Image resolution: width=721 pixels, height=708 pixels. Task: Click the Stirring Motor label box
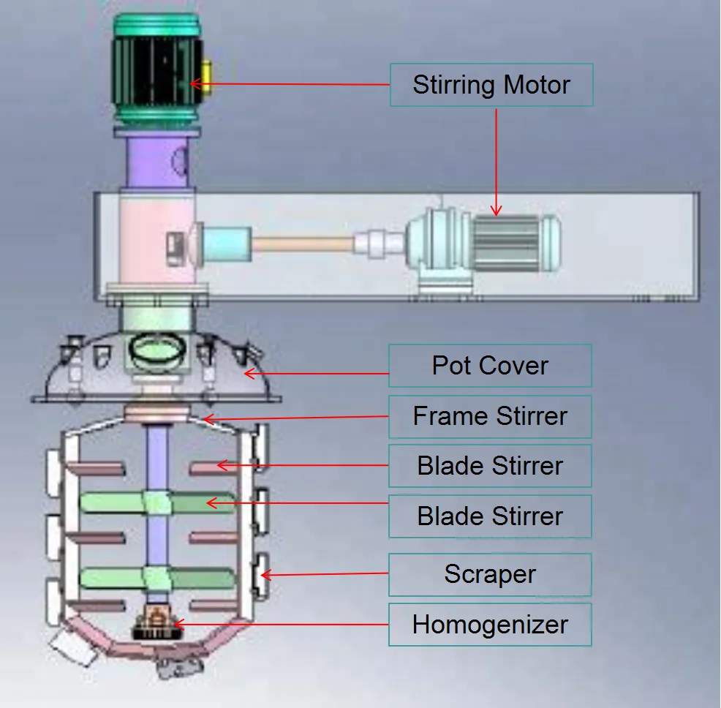pyautogui.click(x=491, y=85)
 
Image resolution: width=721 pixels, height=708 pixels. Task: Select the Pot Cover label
pyautogui.click(x=489, y=366)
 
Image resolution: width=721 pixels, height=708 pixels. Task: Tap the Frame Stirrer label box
pyautogui.click(x=489, y=417)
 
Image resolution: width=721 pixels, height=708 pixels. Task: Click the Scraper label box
pyautogui.click(x=489, y=575)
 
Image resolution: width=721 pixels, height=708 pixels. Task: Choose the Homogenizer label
pyautogui.click(x=489, y=625)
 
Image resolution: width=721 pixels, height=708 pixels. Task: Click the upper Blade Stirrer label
pyautogui.click(x=489, y=466)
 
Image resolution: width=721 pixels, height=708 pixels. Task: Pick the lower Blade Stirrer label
pyautogui.click(x=489, y=516)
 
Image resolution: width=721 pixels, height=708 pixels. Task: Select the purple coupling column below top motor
pyautogui.click(x=157, y=161)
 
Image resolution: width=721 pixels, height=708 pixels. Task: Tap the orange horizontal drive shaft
pyautogui.click(x=303, y=241)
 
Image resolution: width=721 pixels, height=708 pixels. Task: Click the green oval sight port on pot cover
pyautogui.click(x=155, y=350)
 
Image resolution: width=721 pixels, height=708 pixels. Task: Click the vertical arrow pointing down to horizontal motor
pyautogui.click(x=497, y=161)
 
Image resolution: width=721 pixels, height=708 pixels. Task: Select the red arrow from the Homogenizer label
pyautogui.click(x=285, y=625)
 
